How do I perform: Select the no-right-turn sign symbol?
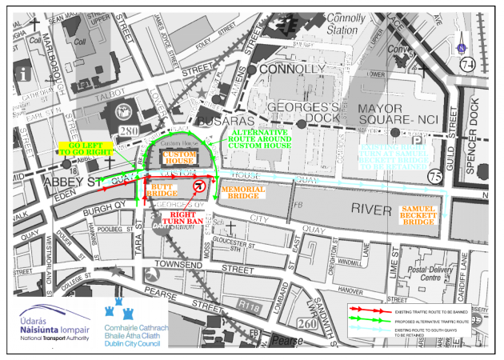point(200,186)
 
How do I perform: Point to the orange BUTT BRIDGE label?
point(162,190)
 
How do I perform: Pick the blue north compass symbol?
point(462,46)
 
